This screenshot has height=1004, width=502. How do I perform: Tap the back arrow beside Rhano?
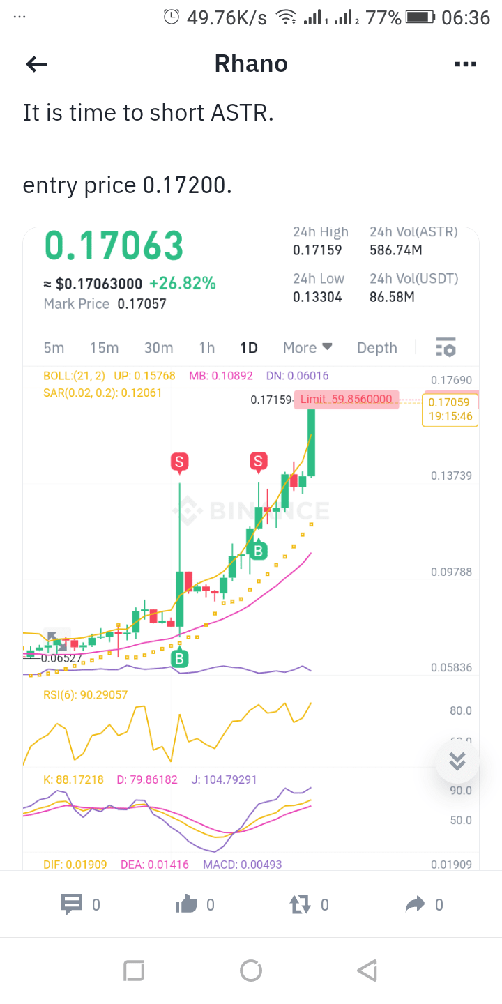tap(36, 65)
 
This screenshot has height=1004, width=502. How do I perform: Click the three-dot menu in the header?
tap(465, 65)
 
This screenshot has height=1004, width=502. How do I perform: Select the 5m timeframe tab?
tap(54, 348)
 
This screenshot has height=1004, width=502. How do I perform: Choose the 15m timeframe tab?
tap(104, 348)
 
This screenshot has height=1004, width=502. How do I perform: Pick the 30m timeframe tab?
tap(158, 348)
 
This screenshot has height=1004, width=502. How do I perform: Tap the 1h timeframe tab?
tap(206, 348)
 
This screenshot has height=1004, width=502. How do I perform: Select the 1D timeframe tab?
tap(249, 348)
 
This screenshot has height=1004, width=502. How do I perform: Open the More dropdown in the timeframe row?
tap(307, 348)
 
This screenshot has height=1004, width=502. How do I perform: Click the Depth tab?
tap(376, 348)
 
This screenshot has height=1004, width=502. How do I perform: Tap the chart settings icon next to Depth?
tap(446, 347)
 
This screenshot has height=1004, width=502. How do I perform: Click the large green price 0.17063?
tap(114, 246)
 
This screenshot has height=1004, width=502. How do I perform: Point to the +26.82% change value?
tap(182, 284)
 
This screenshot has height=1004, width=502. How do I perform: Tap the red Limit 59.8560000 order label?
tap(347, 400)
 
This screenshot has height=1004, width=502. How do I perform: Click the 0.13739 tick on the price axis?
tap(451, 476)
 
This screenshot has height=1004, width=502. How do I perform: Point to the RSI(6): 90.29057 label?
tap(86, 695)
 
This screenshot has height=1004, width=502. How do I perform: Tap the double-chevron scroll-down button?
tap(457, 761)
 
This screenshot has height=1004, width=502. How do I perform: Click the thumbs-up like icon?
tap(186, 905)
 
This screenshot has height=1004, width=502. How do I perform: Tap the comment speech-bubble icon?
tap(72, 905)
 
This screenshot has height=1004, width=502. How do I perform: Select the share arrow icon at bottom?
tap(415, 905)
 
